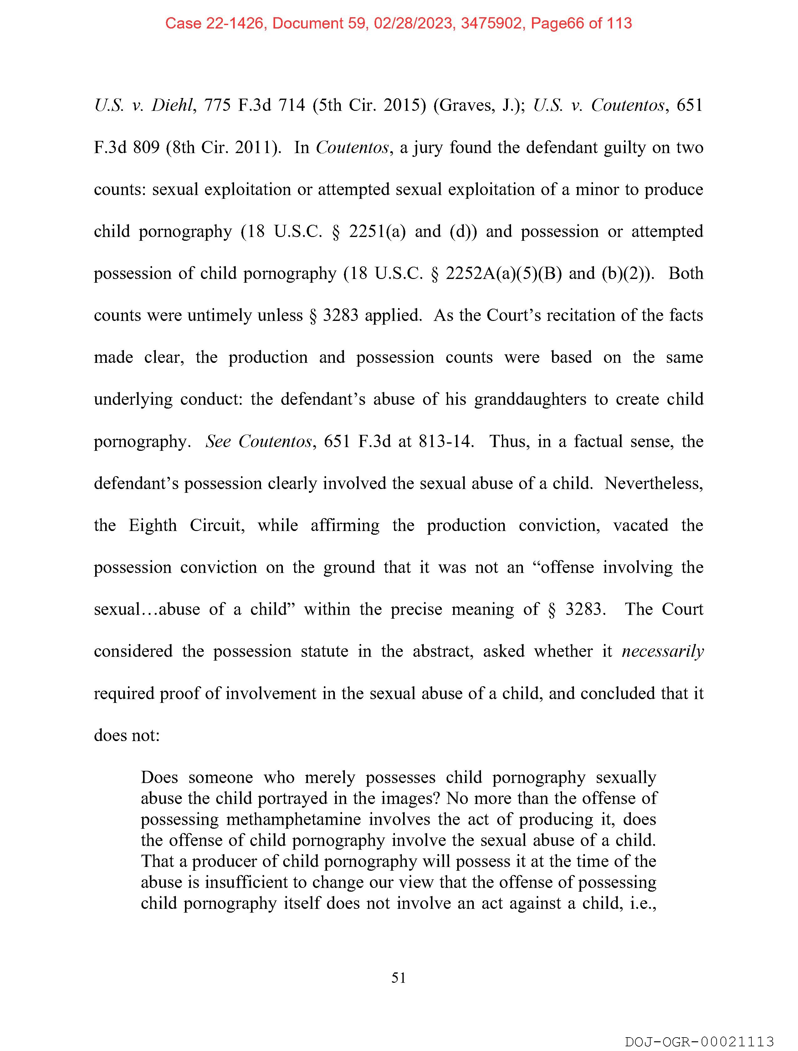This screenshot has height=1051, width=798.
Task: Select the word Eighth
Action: (152, 525)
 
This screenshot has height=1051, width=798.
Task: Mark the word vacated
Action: (640, 525)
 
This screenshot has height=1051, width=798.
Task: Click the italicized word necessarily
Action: (662, 652)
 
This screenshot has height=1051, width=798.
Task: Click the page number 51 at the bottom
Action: (398, 978)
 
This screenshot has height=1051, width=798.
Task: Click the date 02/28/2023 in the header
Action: (413, 23)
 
